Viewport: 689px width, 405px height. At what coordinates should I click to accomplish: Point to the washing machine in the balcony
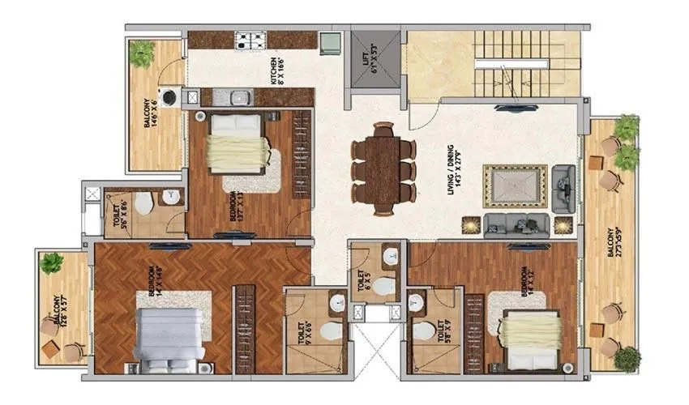171,98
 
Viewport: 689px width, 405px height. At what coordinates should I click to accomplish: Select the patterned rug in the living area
515,185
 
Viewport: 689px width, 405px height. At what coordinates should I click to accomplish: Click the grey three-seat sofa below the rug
516,224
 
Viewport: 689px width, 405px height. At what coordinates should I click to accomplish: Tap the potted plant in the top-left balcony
141,53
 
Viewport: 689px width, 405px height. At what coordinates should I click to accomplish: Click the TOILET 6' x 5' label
362,280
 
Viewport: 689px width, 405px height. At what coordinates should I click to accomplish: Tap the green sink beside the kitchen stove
330,41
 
